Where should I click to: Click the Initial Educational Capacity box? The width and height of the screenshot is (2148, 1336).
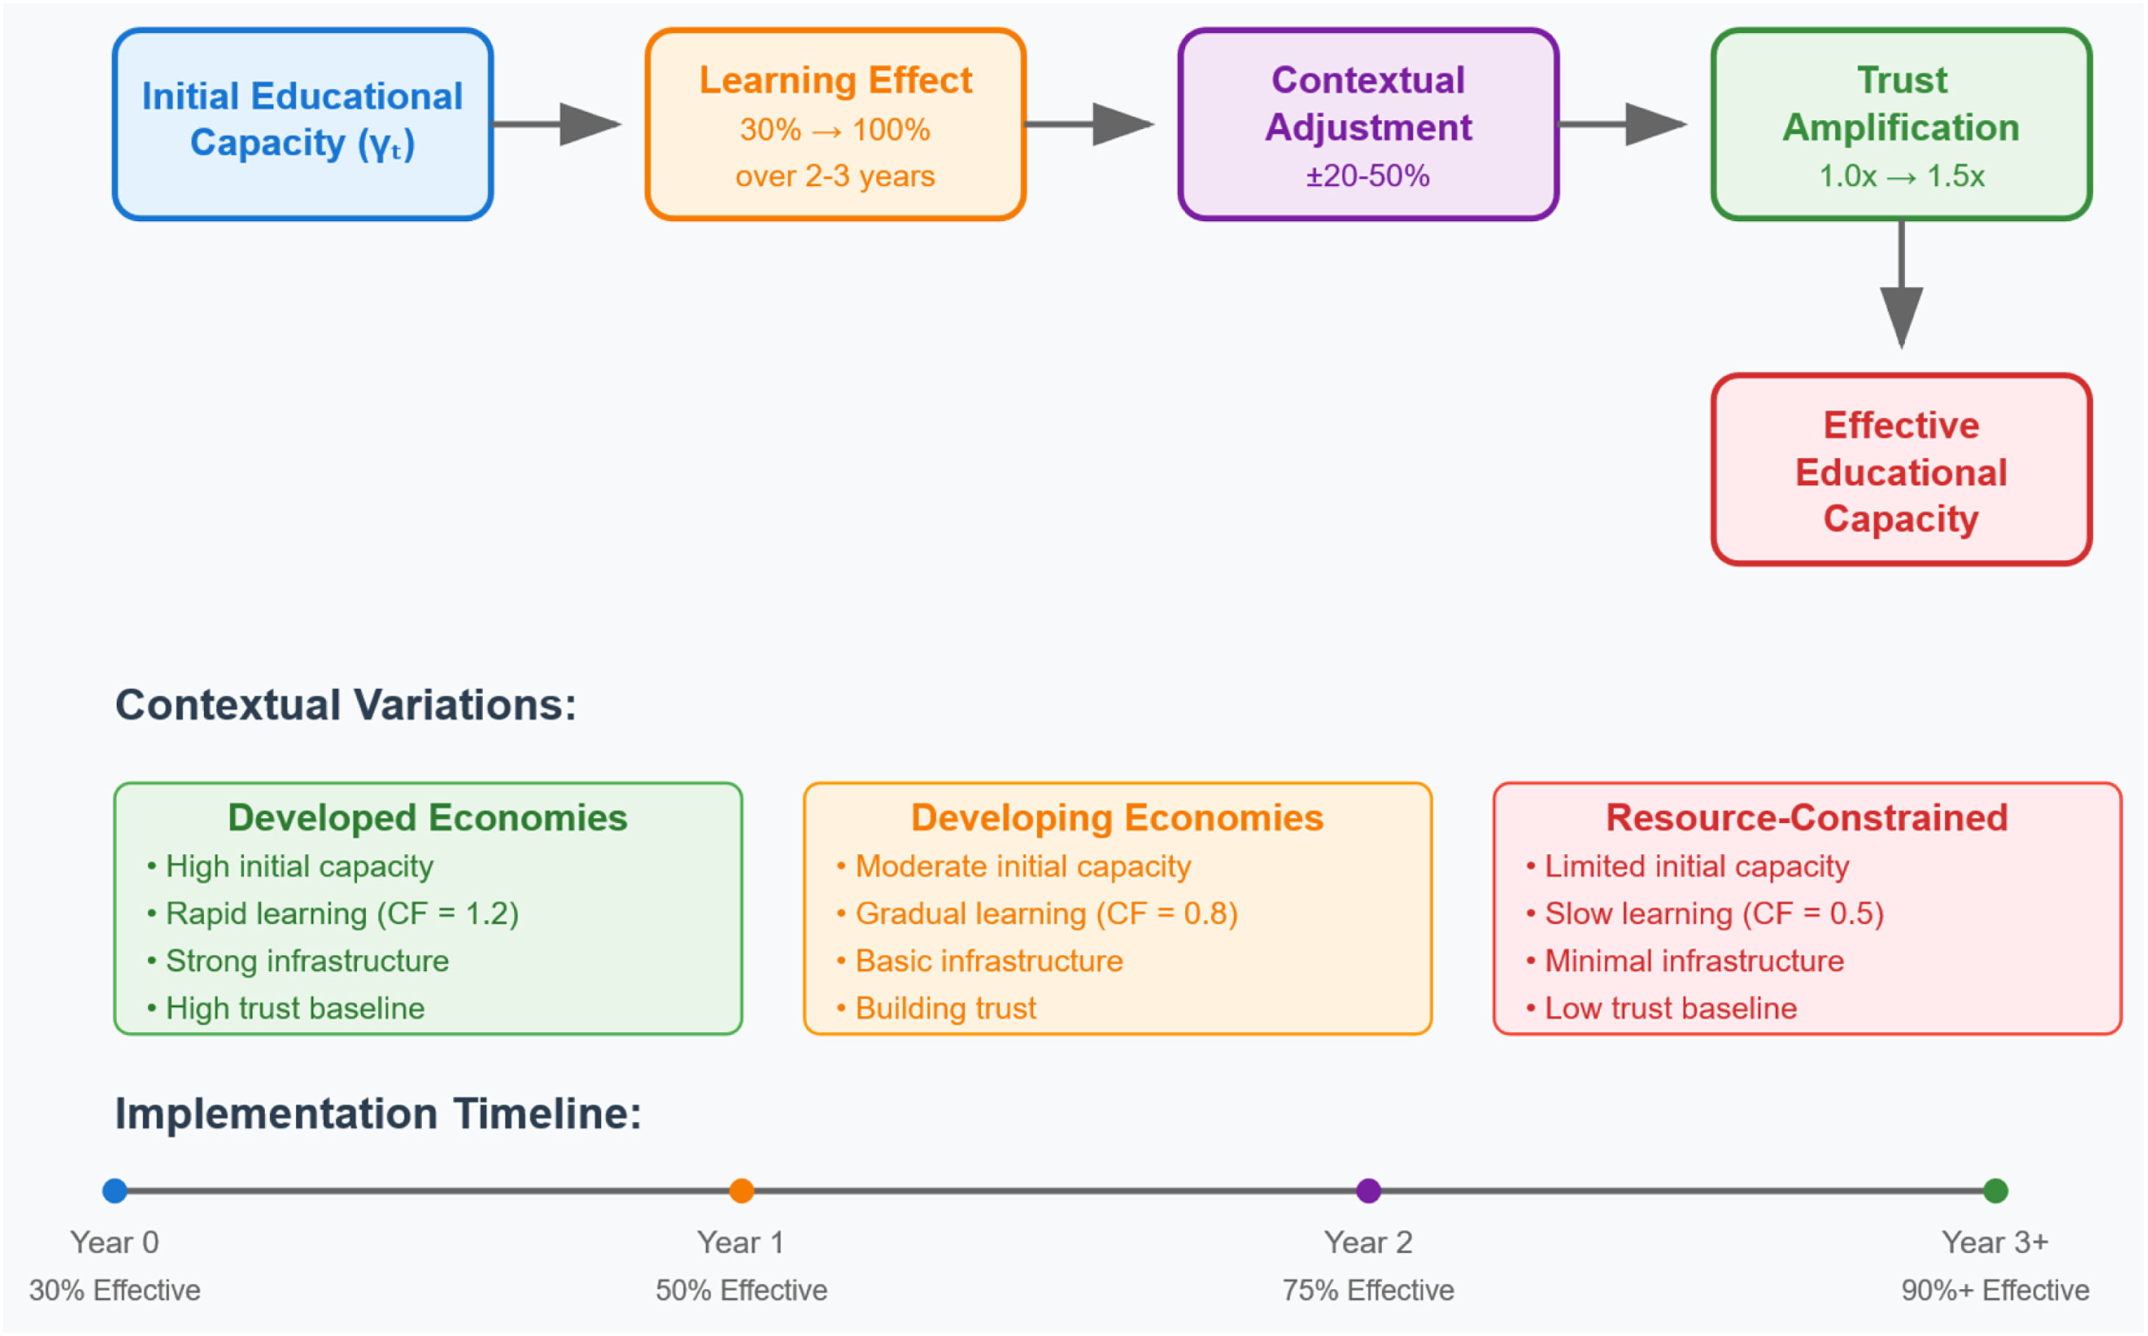tap(303, 124)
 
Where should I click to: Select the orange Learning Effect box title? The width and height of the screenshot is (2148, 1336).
tap(835, 80)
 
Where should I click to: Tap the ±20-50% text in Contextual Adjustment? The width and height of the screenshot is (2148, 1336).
tap(1367, 176)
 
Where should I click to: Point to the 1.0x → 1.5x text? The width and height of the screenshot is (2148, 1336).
tap(1901, 176)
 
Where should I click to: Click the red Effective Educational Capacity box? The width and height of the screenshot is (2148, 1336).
tap(1901, 469)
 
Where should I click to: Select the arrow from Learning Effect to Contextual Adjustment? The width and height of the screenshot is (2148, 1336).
tap(1089, 124)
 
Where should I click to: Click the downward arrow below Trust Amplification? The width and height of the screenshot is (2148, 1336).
tap(1901, 285)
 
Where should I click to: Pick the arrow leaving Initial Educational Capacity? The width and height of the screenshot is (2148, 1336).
tap(557, 124)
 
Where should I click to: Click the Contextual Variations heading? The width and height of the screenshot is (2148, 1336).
tap(345, 704)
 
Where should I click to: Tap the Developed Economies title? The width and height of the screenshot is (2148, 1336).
tap(428, 817)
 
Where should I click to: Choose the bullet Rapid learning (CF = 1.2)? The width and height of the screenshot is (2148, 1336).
tap(334, 913)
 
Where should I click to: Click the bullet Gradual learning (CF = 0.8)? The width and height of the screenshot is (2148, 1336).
tap(1038, 913)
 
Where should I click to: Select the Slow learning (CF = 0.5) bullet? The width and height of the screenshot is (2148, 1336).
tap(1706, 913)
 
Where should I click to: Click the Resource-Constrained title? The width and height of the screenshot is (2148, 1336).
tap(1807, 817)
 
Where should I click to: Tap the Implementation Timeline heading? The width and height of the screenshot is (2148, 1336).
tap(378, 1113)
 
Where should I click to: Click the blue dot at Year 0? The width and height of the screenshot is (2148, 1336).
tap(115, 1190)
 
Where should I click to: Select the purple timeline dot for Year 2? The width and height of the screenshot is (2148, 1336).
tap(1368, 1190)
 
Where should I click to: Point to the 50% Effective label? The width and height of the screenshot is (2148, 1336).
tap(742, 1290)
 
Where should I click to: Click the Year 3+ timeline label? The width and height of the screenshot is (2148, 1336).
tap(1995, 1243)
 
